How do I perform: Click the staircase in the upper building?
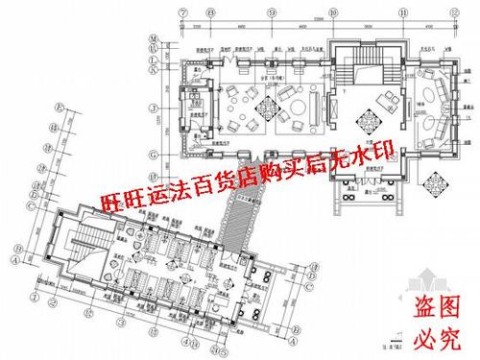(365, 65)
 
